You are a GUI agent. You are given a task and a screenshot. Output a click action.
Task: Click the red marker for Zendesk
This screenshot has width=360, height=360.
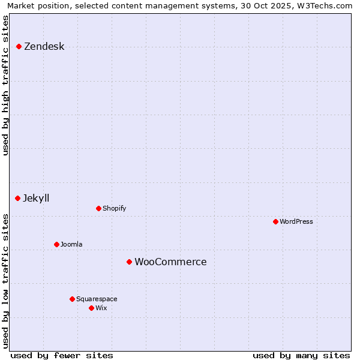(19, 46)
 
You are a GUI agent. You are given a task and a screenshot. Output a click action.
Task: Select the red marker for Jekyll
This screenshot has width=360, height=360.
(17, 198)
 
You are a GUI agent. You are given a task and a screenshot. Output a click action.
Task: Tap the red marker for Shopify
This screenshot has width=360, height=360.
(98, 208)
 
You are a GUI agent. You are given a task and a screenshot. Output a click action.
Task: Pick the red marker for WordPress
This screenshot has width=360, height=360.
(275, 221)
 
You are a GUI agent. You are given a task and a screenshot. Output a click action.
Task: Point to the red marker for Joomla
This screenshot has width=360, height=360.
(56, 244)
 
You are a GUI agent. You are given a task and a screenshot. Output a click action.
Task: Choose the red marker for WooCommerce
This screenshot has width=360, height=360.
(129, 262)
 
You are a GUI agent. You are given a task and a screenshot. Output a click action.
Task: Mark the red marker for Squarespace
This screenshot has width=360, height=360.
(72, 299)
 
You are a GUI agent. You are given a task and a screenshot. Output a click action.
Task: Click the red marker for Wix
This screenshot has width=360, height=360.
(91, 308)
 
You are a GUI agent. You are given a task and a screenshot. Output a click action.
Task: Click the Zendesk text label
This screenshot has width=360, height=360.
(44, 46)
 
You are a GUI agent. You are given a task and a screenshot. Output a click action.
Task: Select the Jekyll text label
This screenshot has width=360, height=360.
(36, 198)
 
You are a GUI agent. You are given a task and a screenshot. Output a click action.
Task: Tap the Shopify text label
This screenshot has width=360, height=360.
(114, 208)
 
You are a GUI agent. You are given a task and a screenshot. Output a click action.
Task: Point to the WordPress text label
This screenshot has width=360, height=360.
(296, 221)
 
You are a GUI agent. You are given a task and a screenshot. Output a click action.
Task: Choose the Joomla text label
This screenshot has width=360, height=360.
(71, 244)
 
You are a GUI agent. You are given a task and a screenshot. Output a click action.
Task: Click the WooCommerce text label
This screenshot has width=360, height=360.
(170, 262)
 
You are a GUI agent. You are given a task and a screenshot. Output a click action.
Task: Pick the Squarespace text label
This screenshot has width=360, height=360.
(97, 299)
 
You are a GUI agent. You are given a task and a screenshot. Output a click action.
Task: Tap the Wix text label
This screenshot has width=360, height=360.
(101, 308)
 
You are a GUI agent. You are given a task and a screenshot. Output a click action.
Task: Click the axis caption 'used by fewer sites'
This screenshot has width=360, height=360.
(62, 355)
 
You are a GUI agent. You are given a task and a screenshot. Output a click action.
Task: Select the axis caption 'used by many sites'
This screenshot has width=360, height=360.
(301, 355)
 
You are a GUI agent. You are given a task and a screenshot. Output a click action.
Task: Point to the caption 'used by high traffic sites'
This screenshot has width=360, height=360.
(6, 85)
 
